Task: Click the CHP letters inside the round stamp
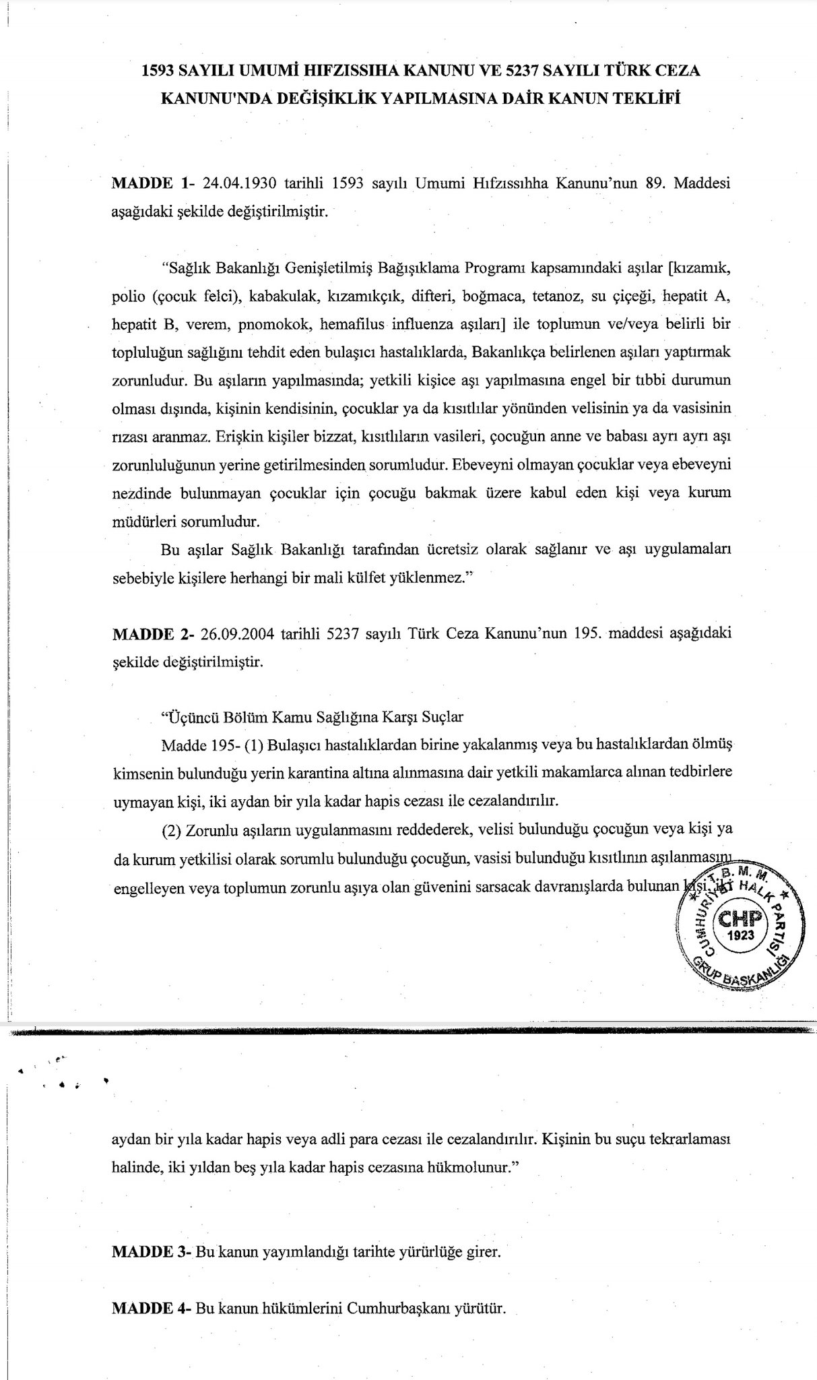pyautogui.click(x=741, y=920)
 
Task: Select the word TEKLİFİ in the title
pyautogui.click(x=645, y=98)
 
